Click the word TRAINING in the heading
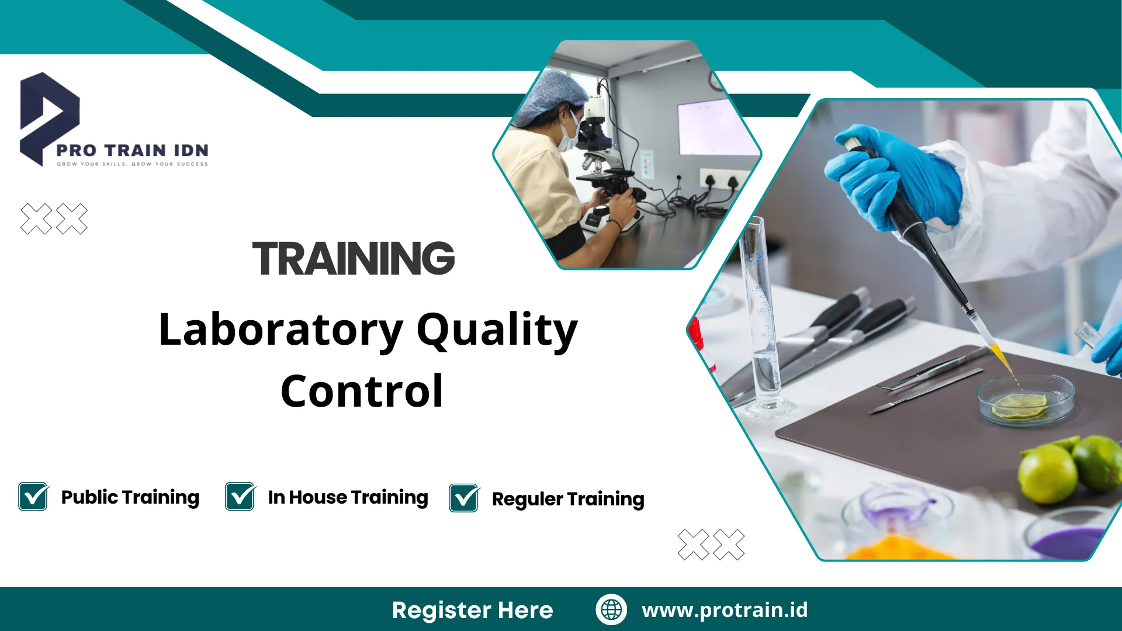tap(353, 259)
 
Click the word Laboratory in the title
tap(280, 330)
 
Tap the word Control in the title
tap(362, 391)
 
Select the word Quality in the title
tap(497, 330)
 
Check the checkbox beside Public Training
tap(33, 497)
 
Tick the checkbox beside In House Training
tap(240, 497)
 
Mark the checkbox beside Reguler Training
tap(464, 498)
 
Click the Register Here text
tap(472, 610)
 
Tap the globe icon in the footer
tap(611, 609)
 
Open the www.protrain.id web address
tap(725, 610)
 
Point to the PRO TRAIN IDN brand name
tap(132, 151)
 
